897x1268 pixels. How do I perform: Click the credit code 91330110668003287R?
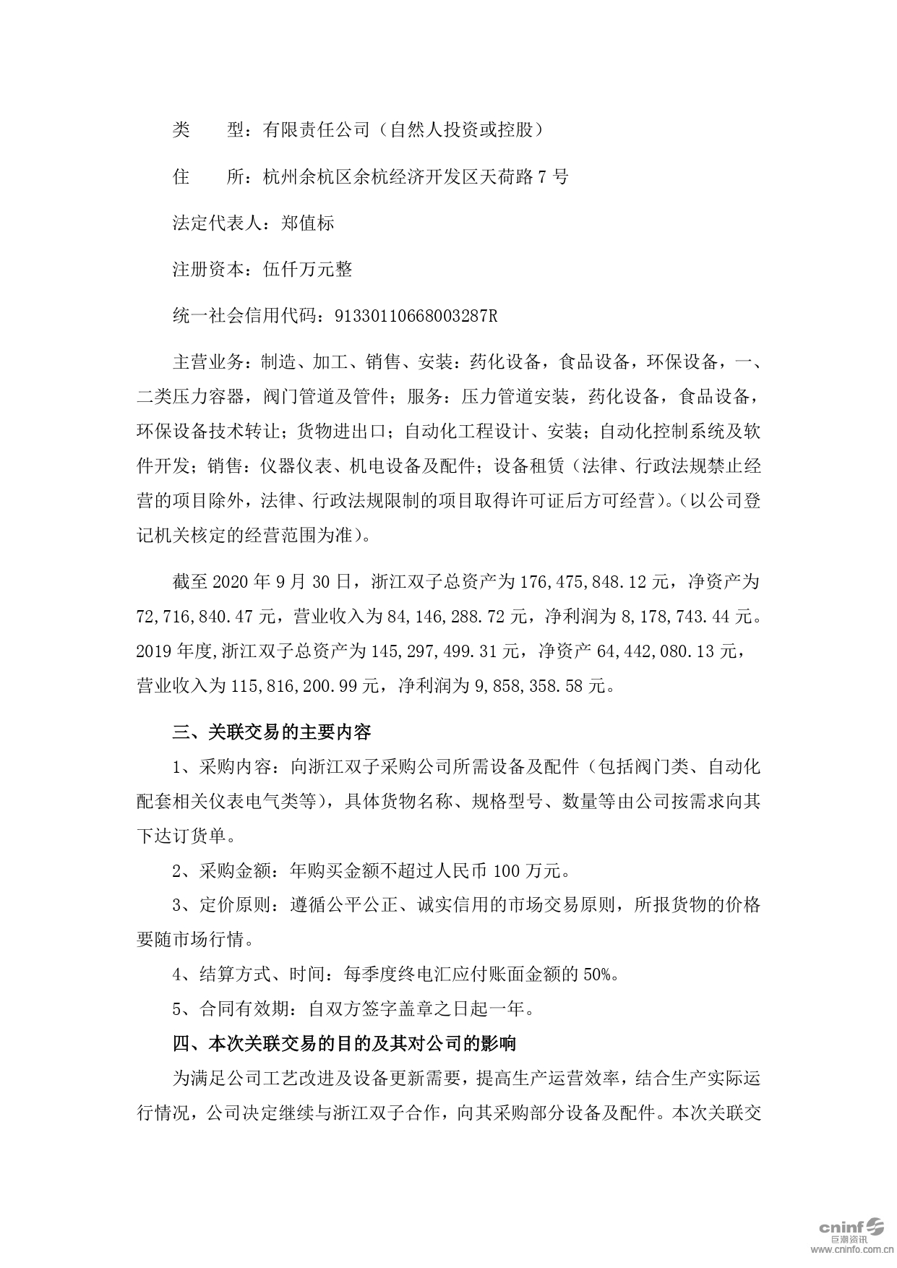417,316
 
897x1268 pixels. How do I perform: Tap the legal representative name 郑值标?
307,223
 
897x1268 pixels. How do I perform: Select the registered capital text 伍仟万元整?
308,270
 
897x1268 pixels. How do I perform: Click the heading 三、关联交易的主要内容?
272,732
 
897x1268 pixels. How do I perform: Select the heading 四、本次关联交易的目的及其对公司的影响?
343,1044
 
